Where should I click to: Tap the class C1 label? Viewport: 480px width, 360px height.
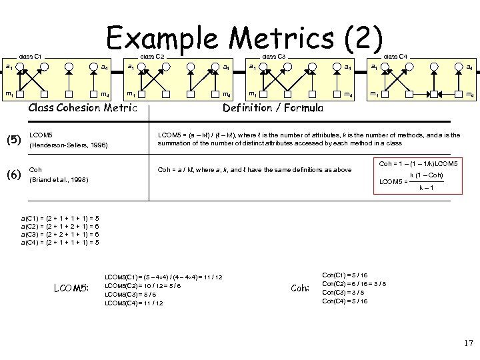click(x=31, y=55)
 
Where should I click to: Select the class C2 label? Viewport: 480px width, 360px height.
click(x=152, y=55)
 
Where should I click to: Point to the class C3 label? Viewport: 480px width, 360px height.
click(x=273, y=55)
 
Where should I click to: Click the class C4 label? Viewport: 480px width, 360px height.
click(x=395, y=55)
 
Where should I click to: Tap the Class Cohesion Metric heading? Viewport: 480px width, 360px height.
click(x=83, y=108)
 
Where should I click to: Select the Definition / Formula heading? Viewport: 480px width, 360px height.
click(x=273, y=107)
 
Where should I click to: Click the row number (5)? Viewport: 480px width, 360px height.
click(x=14, y=140)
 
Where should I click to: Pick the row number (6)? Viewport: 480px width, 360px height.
click(x=14, y=175)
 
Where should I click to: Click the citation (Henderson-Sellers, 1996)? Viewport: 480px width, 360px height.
click(x=69, y=145)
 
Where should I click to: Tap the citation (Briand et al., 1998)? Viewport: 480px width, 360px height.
click(x=59, y=180)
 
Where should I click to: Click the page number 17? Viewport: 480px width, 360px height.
click(x=467, y=343)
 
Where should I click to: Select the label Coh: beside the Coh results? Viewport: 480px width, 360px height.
click(x=301, y=288)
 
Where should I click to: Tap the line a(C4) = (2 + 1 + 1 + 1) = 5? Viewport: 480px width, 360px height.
click(x=61, y=243)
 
